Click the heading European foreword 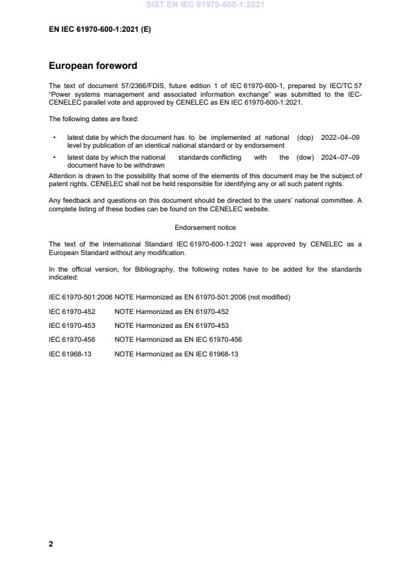(x=92, y=66)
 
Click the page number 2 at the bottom (x=51, y=543)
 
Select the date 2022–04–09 (x=340, y=137)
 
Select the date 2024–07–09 (x=340, y=158)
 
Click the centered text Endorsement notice (x=205, y=227)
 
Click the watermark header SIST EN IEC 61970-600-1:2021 (x=205, y=6)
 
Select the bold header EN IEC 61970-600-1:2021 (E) (x=100, y=29)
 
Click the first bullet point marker (x=54, y=137)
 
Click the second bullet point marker (x=54, y=158)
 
